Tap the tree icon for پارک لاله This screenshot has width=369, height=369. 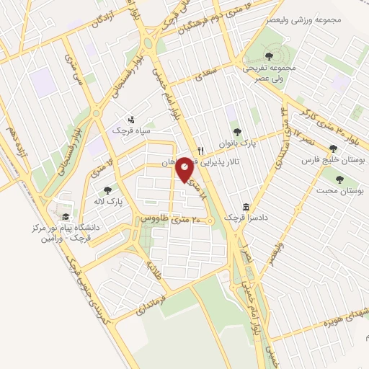[x=107, y=190]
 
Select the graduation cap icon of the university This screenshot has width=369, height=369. [x=66, y=216]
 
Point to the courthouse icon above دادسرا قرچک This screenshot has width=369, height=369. [x=246, y=206]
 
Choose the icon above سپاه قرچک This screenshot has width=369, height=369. [x=130, y=120]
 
